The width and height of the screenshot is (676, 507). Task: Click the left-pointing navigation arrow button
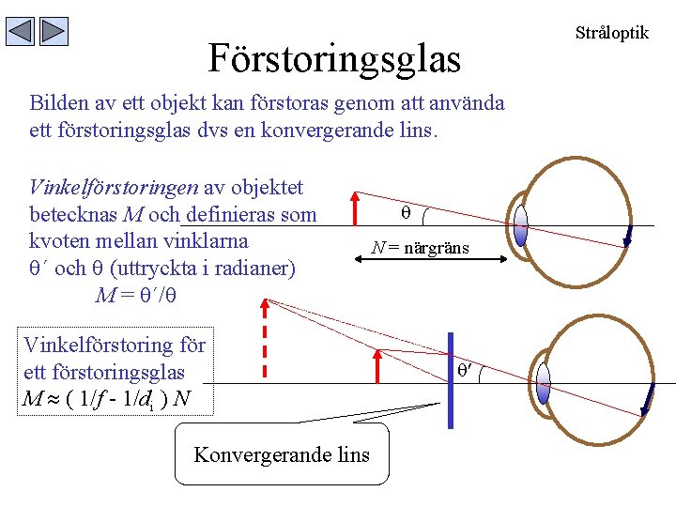pos(21,32)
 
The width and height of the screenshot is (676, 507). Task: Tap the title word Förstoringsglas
pos(334,58)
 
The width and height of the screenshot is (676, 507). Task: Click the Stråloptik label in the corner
pos(611,32)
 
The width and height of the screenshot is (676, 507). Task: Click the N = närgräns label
pos(419,248)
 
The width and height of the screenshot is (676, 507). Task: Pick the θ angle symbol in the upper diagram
pos(407,214)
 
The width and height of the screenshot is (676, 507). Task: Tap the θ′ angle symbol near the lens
pos(465,370)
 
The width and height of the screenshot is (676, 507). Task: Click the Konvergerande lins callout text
pos(282,455)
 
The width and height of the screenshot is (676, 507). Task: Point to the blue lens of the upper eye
pos(521,225)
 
